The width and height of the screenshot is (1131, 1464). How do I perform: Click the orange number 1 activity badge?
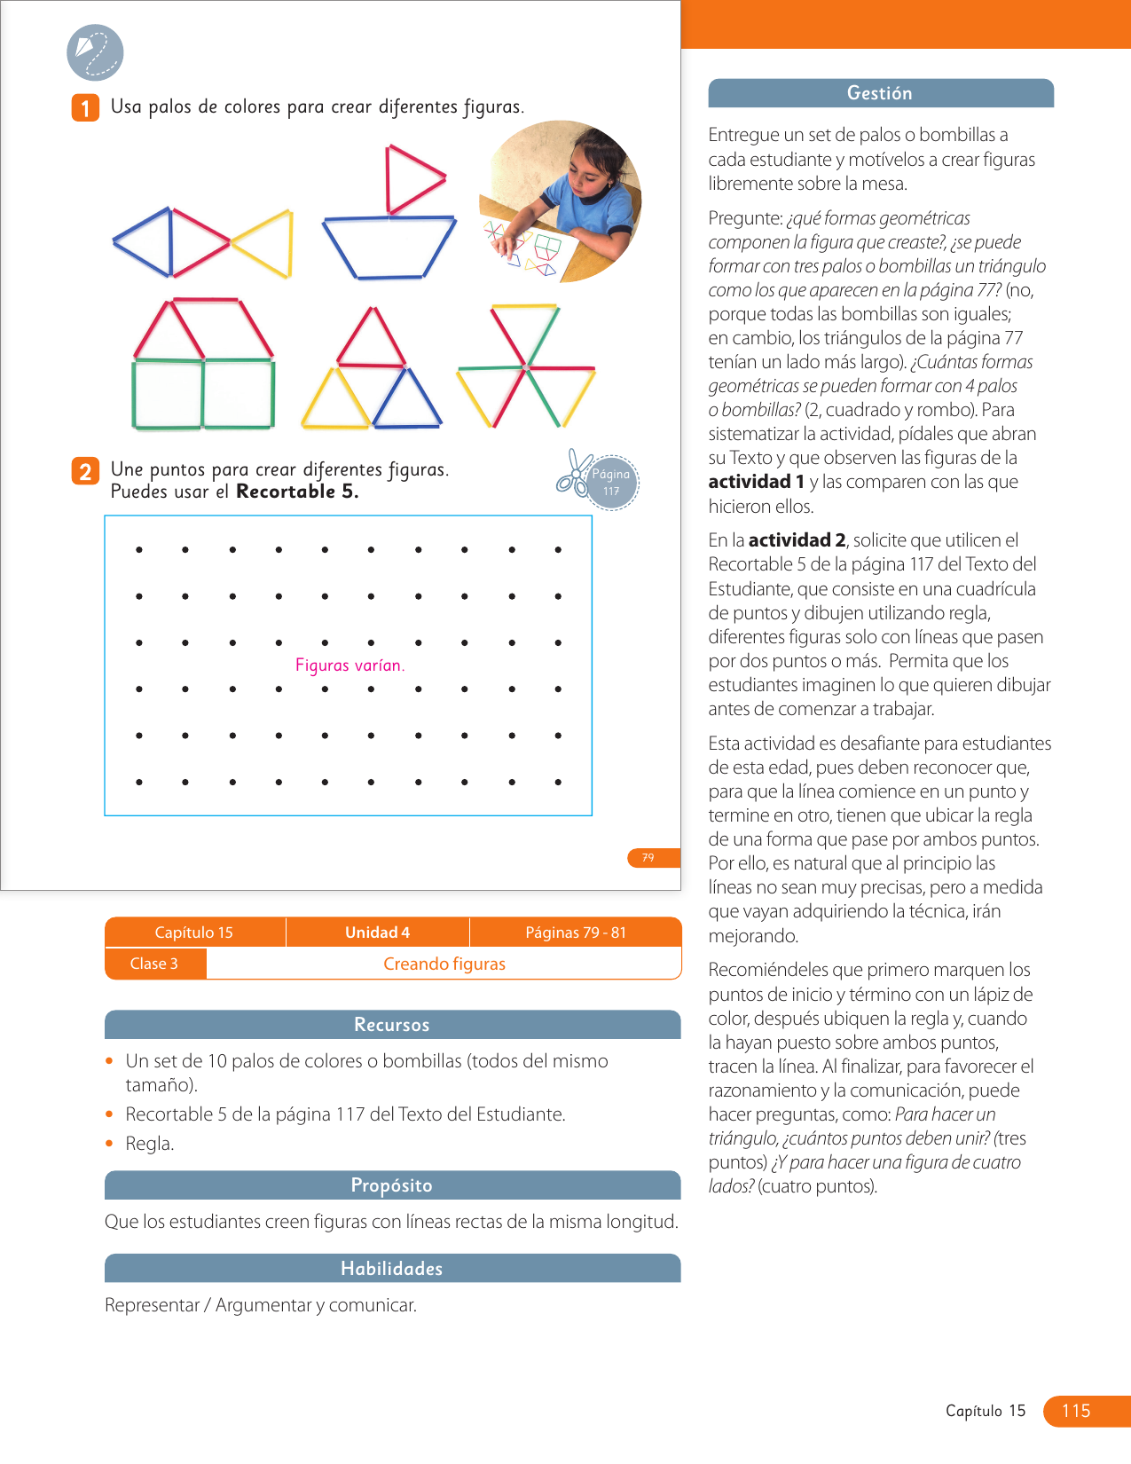tap(85, 108)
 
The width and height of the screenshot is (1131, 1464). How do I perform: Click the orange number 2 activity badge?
tap(85, 471)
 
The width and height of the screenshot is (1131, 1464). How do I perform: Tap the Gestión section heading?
tap(879, 93)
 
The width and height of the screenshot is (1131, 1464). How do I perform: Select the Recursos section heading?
tap(391, 1025)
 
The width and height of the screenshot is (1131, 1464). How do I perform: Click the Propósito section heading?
tap(391, 1185)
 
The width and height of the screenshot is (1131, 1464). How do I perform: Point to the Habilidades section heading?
tap(391, 1269)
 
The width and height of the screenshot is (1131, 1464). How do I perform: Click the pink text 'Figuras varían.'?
tap(350, 665)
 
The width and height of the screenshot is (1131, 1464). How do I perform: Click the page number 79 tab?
tap(649, 857)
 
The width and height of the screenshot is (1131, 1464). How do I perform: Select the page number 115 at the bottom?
tap(1076, 1411)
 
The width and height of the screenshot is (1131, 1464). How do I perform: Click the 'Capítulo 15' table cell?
tap(194, 933)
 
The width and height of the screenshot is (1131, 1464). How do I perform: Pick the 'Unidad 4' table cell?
tap(377, 933)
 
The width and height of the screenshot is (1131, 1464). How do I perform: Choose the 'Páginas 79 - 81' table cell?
tap(576, 933)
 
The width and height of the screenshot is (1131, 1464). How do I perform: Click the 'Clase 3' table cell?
tap(154, 964)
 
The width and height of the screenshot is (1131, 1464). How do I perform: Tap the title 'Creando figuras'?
tap(444, 964)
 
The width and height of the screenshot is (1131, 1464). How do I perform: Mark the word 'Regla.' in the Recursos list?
tap(150, 1144)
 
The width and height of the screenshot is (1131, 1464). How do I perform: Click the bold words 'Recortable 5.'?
tap(297, 492)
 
